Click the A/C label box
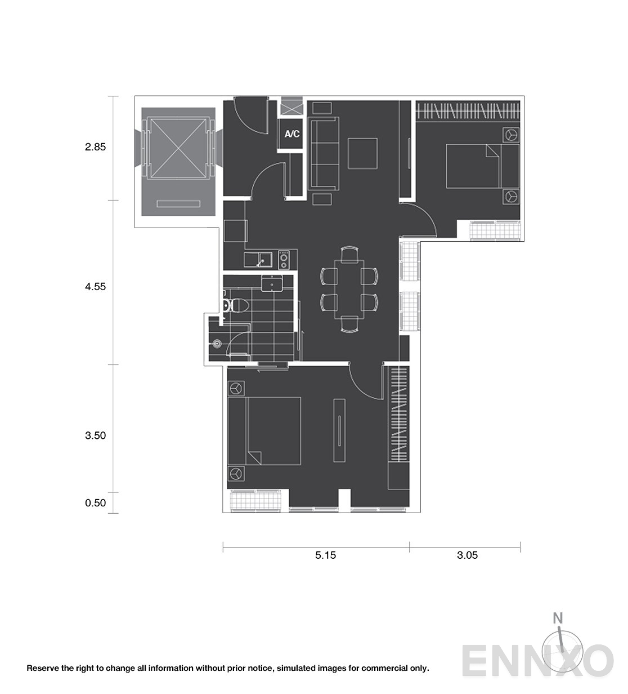tap(291, 134)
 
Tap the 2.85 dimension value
tap(96, 147)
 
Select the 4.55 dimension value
tap(96, 287)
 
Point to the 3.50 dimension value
tap(96, 435)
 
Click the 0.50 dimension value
tap(96, 502)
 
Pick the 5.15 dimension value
tap(326, 555)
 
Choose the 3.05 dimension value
tap(467, 555)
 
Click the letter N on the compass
tap(558, 618)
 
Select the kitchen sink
tap(266, 260)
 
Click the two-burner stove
tap(284, 260)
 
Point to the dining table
tap(349, 289)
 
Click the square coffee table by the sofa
tap(362, 153)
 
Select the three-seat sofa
tap(324, 154)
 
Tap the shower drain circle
tap(217, 344)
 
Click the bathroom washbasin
tap(272, 283)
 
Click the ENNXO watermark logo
tap(537, 661)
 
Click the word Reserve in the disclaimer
tap(41, 668)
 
